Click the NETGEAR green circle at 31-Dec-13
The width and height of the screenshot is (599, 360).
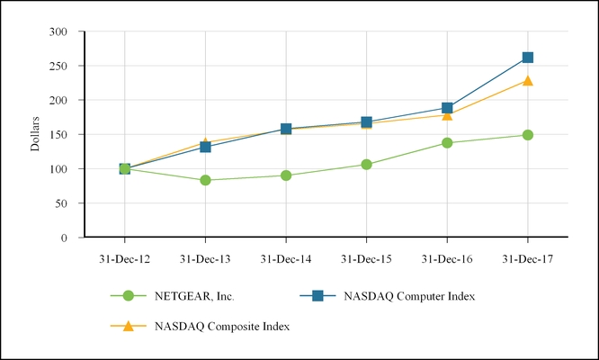point(205,180)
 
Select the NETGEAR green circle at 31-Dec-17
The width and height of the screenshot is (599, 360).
point(527,135)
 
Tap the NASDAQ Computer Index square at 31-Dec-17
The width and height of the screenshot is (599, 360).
point(527,58)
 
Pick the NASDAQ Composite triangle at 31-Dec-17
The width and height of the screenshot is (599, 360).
point(527,81)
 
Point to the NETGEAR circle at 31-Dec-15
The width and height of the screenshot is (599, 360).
point(366,165)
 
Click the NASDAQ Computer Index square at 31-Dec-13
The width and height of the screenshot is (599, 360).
point(205,147)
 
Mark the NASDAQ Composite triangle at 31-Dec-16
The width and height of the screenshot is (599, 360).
point(447,115)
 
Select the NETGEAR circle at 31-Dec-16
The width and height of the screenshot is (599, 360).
point(447,142)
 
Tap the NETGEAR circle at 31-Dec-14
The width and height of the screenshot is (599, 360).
point(286,175)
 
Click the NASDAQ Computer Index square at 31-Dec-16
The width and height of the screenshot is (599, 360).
point(447,108)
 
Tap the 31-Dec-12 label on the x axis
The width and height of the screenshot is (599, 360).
point(124,258)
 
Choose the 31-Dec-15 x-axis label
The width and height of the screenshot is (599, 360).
point(366,258)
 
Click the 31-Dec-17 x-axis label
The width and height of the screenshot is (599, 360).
point(527,258)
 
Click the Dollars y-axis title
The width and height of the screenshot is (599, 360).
point(36,134)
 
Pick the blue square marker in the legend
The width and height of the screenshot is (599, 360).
point(317,295)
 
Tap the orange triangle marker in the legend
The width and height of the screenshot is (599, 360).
point(129,326)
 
